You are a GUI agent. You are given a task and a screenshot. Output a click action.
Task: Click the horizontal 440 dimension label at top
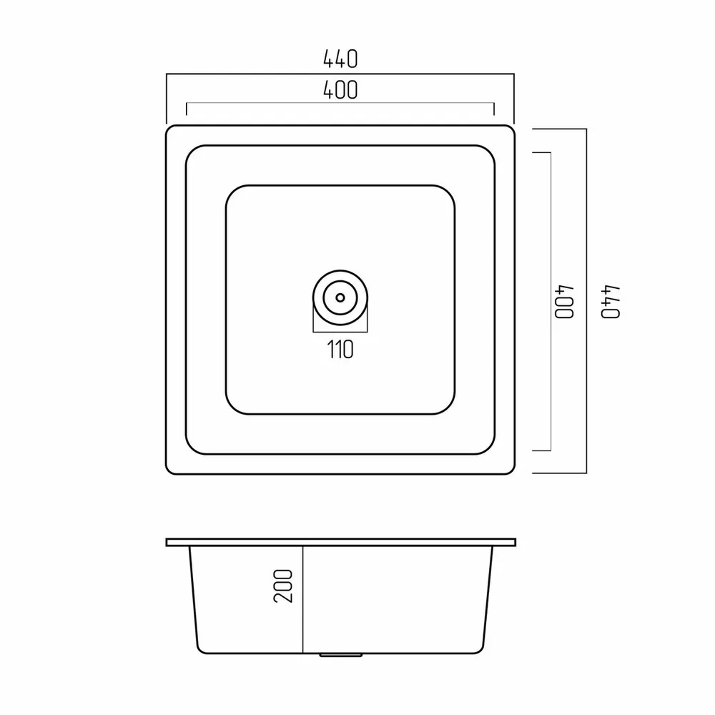point(340,59)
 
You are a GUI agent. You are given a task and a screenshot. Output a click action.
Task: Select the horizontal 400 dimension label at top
point(340,90)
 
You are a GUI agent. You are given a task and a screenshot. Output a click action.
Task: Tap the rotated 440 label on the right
point(611,302)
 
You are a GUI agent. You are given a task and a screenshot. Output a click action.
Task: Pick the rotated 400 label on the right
point(564,302)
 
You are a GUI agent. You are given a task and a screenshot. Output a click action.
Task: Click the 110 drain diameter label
point(340,350)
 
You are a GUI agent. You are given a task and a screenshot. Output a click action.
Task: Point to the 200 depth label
point(282,586)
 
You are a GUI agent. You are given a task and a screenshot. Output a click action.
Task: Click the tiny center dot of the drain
point(340,297)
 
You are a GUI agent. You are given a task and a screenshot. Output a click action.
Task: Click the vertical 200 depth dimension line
point(302,600)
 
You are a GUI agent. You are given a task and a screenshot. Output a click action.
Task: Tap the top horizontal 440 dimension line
point(340,74)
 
